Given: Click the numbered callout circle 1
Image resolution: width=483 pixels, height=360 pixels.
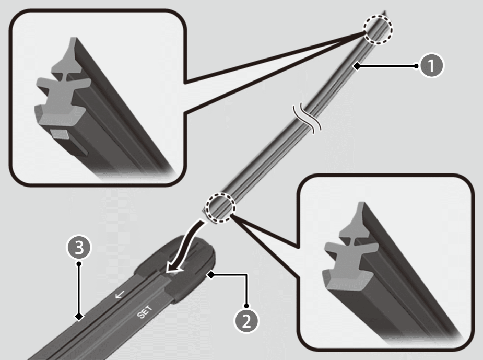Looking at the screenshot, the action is pyautogui.click(x=431, y=66).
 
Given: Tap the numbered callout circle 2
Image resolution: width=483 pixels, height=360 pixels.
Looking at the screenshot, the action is pyautogui.click(x=246, y=321).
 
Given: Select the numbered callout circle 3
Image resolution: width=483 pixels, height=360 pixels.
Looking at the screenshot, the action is pyautogui.click(x=79, y=247).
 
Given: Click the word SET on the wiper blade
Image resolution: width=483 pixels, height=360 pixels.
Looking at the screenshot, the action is pyautogui.click(x=145, y=312).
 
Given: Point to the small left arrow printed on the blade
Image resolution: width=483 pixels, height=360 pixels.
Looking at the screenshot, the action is pyautogui.click(x=120, y=295).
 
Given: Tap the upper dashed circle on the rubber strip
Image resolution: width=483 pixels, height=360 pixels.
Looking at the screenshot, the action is pyautogui.click(x=378, y=30).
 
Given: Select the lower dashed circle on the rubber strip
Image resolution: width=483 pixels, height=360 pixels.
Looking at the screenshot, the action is pyautogui.click(x=220, y=207).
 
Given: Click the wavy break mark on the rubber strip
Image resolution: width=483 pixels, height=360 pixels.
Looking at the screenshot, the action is pyautogui.click(x=307, y=119).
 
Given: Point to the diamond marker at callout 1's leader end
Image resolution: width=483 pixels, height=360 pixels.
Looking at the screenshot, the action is pyautogui.click(x=357, y=66).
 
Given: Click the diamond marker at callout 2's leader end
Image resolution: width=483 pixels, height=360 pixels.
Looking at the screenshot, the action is pyautogui.click(x=211, y=275).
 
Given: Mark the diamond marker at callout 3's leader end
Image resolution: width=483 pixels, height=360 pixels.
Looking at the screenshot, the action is pyautogui.click(x=79, y=317).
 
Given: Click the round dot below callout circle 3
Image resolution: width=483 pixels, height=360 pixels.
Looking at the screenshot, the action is pyautogui.click(x=79, y=263).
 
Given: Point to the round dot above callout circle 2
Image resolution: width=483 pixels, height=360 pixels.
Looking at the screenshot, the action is pyautogui.click(x=246, y=306).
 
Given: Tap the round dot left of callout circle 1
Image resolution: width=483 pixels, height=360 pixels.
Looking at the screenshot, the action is pyautogui.click(x=416, y=66).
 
